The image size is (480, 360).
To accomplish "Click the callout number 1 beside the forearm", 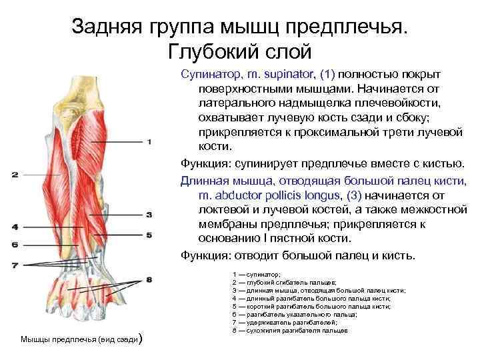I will (x=149, y=141).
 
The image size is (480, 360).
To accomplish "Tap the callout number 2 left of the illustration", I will (x=14, y=175).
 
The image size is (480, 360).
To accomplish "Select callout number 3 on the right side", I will (x=149, y=215).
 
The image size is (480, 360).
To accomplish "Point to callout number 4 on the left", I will (x=14, y=227).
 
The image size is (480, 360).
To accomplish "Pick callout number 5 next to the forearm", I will (x=149, y=235).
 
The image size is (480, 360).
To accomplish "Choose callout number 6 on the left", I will (x=14, y=245).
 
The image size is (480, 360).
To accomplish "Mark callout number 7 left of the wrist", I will (x=14, y=265).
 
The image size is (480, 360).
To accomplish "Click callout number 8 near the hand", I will (x=149, y=279).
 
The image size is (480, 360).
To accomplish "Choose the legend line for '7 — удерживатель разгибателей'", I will (x=285, y=322).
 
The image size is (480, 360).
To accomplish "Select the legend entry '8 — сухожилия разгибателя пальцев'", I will (x=290, y=330).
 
